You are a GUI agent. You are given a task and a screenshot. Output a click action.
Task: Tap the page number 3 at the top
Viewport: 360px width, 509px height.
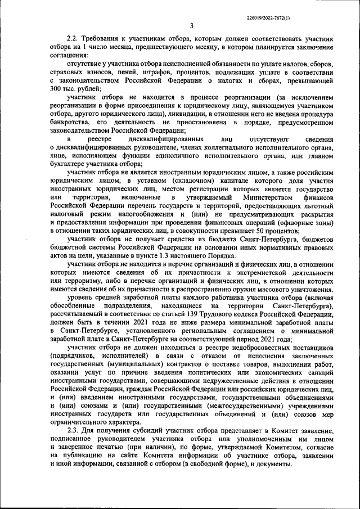[x=191, y=25]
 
